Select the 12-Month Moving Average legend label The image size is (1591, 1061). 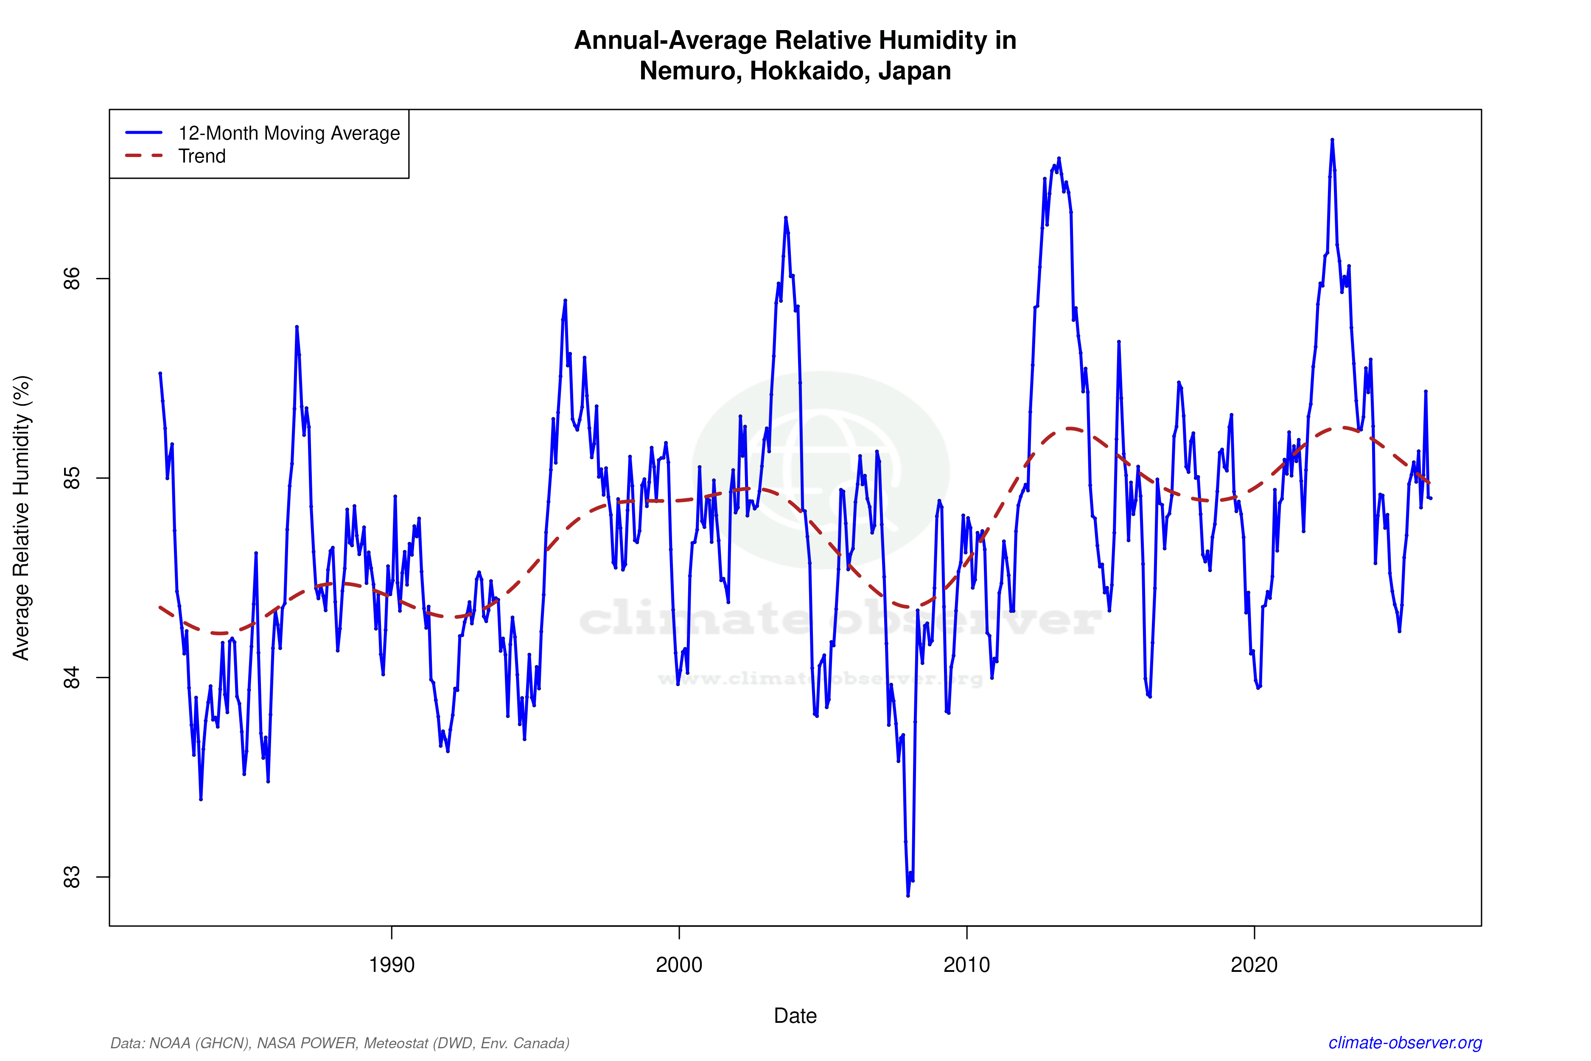click(289, 133)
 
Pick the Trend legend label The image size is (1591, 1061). click(202, 156)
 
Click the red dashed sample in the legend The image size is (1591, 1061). click(144, 156)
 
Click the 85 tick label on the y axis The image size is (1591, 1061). click(71, 478)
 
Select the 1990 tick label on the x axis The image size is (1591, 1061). click(391, 965)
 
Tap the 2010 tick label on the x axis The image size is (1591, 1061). click(966, 965)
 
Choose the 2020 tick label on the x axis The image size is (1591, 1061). click(1254, 965)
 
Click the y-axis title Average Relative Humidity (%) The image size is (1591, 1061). click(22, 518)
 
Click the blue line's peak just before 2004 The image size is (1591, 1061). click(785, 218)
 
